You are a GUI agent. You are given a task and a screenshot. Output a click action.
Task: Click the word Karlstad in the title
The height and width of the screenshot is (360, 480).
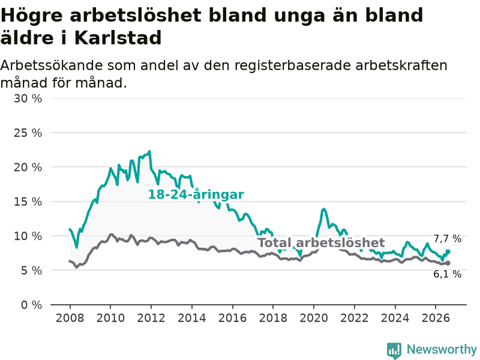118,38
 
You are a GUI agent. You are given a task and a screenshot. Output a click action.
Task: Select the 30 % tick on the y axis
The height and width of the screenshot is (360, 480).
28,98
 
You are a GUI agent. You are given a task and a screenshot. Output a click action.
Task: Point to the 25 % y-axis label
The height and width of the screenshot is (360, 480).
28,133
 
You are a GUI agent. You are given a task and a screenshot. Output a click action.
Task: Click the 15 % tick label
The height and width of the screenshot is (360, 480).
28,202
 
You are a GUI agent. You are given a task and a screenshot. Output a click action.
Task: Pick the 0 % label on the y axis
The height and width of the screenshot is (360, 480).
32,305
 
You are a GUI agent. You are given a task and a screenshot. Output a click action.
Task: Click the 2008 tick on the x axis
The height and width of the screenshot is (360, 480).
70,318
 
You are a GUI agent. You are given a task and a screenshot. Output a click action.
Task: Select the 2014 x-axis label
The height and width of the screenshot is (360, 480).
192,318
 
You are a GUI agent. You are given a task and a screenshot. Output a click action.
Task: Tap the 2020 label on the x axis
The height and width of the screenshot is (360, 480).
314,318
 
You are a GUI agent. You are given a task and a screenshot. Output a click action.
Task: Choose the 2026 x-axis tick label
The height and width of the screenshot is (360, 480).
436,318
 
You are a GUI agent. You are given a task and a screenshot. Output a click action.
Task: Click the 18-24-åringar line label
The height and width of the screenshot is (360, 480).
196,194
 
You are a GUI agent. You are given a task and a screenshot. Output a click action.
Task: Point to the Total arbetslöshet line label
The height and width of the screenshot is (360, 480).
321,243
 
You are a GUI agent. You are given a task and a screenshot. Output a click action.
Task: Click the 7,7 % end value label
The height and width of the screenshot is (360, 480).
447,238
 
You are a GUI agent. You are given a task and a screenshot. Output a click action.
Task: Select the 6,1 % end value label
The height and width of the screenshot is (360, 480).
447,274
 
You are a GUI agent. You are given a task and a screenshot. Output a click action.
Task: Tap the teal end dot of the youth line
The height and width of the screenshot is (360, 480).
448,251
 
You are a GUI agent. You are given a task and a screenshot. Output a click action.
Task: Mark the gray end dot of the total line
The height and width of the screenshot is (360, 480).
448,263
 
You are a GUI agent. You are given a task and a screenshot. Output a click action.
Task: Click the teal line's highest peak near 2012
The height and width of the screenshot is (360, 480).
149,151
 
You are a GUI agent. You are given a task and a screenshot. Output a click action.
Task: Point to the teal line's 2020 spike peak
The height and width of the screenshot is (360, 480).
323,209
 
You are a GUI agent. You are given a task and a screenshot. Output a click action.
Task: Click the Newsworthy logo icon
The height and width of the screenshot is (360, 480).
394,350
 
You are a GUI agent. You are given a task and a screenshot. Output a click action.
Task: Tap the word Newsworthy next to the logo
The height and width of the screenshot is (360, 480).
442,349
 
